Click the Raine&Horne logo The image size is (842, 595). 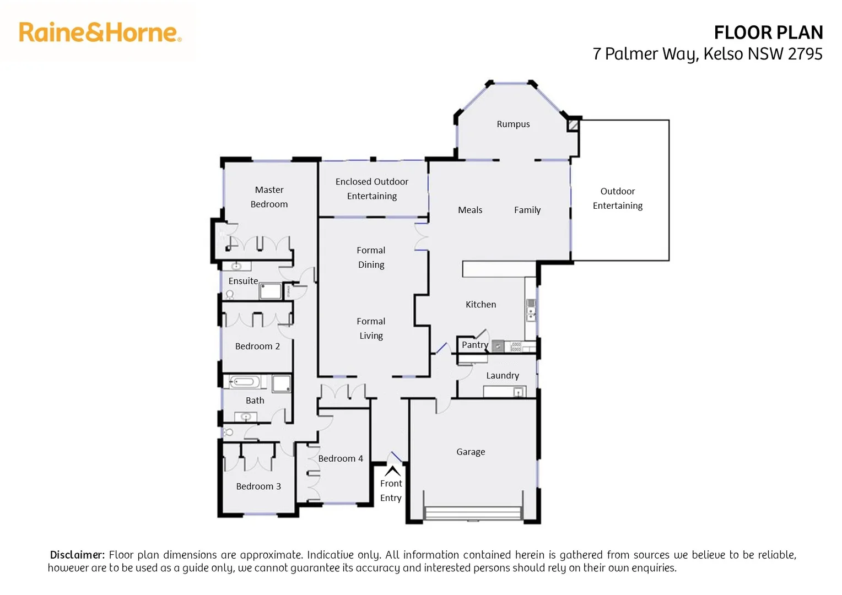[100, 33]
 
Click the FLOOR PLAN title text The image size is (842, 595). [768, 33]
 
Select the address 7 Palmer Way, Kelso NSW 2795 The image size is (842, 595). [707, 54]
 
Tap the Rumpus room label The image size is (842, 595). [513, 125]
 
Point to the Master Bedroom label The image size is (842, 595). [269, 197]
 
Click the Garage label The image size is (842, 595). [471, 452]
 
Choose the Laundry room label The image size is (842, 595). [502, 376]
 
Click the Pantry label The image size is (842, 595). [474, 345]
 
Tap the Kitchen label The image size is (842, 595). [481, 305]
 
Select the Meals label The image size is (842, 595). [470, 210]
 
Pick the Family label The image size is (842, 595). [527, 210]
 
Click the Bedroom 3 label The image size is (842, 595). [258, 486]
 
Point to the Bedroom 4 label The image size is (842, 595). [341, 458]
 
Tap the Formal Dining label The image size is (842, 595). [371, 257]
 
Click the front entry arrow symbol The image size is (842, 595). [392, 471]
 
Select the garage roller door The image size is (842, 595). [473, 513]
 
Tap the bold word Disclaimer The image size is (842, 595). [77, 555]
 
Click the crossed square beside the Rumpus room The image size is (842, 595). [573, 125]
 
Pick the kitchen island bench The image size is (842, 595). [499, 269]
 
